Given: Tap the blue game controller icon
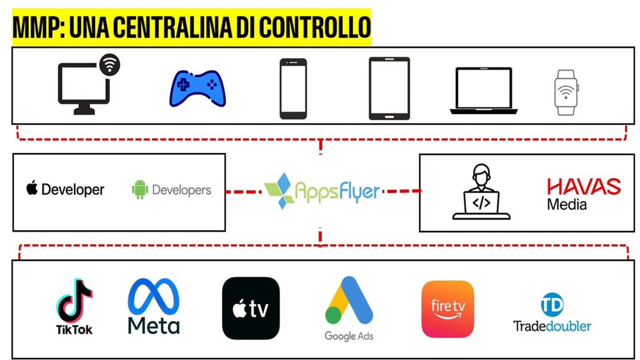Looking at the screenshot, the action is coord(198,88).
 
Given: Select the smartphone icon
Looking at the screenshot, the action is coord(293,88).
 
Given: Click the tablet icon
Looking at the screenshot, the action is coord(389,88).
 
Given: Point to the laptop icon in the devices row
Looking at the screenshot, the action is coord(484,91).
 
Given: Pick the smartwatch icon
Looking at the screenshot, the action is coord(566,92).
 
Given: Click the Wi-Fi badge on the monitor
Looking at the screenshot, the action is coord(110,64).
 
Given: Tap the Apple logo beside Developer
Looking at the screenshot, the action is coord(32,188).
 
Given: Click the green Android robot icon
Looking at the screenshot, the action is coord(140,189).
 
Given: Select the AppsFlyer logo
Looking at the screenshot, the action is coord(322,191).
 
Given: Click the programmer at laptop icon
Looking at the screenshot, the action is coord(481,192).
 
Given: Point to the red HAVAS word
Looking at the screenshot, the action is coord(584,187).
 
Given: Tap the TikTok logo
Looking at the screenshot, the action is coord(74,306).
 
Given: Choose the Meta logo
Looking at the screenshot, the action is coord(154,306).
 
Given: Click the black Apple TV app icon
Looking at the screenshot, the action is coord(251,308).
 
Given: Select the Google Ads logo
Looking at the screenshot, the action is coord(349,308).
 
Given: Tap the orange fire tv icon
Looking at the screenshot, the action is coord(448,309).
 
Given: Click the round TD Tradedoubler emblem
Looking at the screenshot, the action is coord(552,304).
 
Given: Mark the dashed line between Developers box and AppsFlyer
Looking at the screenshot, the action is coord(244,192).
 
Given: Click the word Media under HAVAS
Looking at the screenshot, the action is coord(567,204).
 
